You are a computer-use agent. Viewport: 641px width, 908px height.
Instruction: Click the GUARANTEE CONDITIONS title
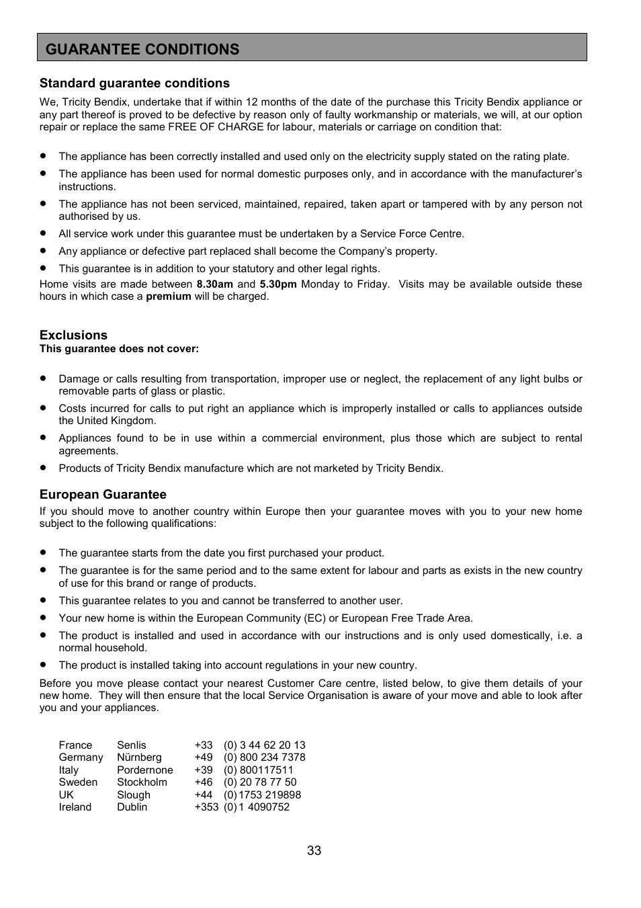click(142, 49)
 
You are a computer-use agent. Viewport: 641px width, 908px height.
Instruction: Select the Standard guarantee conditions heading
click(134, 83)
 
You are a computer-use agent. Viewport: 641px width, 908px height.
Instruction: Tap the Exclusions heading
click(73, 335)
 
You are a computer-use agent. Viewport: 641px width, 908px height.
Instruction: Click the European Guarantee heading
click(103, 495)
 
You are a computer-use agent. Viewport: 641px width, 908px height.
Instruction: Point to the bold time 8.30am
click(214, 284)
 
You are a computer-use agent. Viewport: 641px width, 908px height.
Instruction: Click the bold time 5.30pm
click(278, 284)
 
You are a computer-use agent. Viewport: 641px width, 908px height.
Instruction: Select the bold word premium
click(169, 296)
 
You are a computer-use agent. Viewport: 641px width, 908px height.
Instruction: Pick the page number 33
click(314, 851)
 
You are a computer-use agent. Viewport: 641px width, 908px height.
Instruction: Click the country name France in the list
click(75, 745)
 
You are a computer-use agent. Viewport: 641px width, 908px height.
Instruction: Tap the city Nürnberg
click(139, 757)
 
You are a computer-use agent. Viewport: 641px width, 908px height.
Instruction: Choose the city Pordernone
click(144, 770)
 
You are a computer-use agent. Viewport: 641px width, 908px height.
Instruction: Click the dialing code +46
click(204, 782)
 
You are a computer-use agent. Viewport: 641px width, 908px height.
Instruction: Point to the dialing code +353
click(206, 807)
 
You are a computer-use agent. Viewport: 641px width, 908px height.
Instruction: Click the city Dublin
click(132, 807)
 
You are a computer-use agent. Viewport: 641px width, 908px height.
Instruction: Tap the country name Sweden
click(78, 782)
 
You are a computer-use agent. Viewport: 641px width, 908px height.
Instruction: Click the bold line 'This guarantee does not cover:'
click(119, 349)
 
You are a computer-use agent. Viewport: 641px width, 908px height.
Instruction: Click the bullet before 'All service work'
click(43, 234)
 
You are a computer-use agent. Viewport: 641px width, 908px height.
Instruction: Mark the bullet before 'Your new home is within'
click(43, 618)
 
